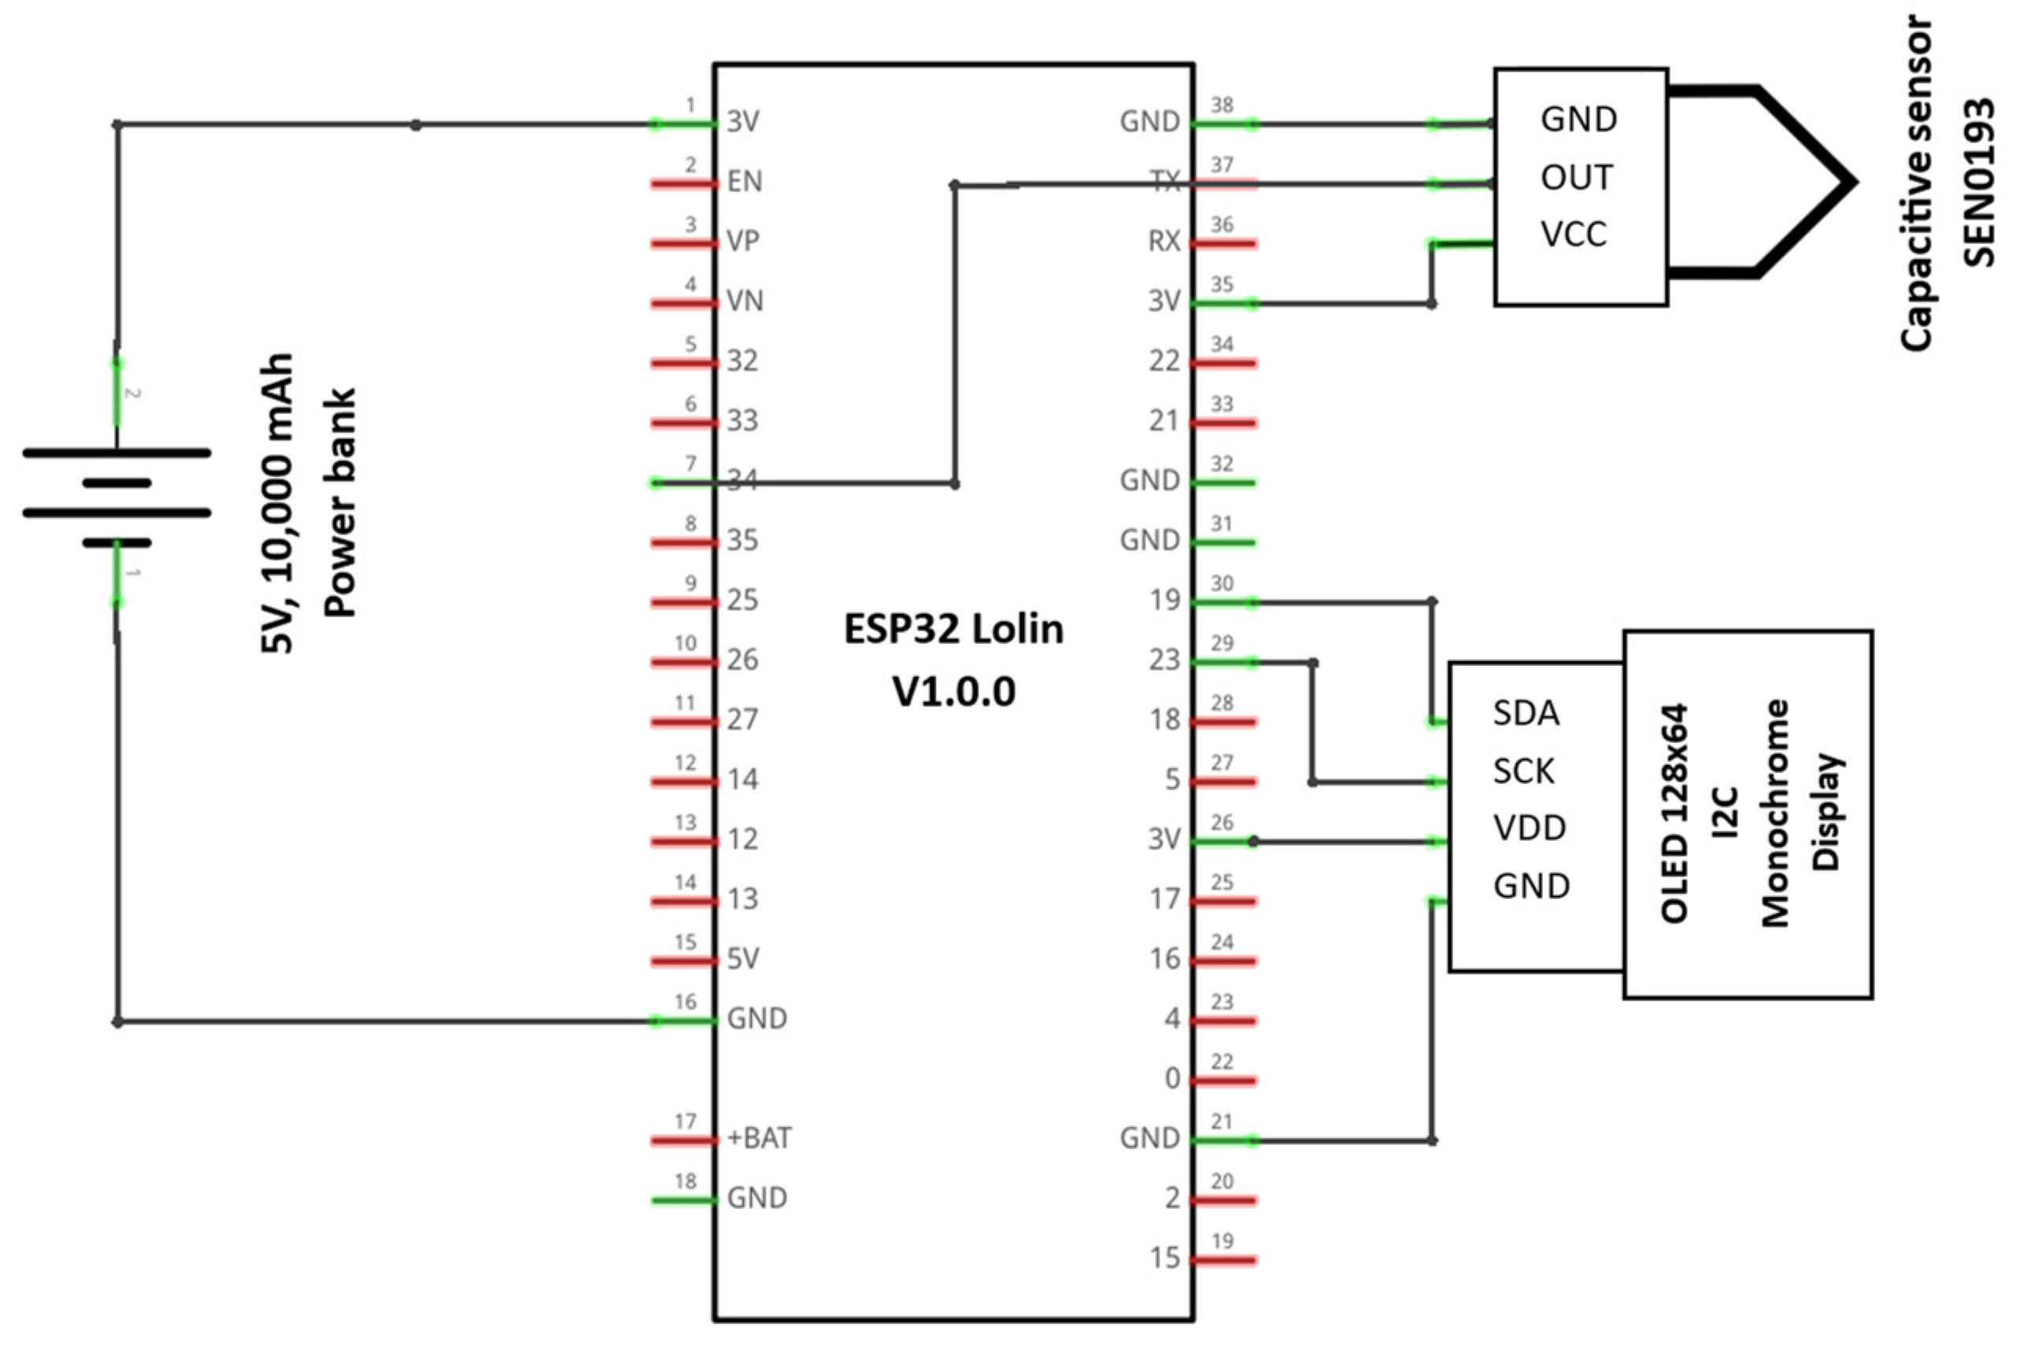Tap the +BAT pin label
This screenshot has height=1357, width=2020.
tap(759, 1137)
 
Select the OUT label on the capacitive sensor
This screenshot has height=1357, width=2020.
tap(1576, 178)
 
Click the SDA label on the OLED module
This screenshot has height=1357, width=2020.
tap(1526, 713)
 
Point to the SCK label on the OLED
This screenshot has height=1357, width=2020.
tap(1523, 771)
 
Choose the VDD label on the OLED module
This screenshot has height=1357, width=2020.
tap(1530, 828)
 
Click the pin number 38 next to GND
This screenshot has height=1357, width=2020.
tap(1221, 105)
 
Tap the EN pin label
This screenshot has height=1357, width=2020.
tap(744, 182)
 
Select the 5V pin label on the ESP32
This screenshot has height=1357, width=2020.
tap(742, 958)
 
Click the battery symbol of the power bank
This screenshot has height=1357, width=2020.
tap(117, 497)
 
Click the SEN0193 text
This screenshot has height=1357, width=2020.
tap(1978, 183)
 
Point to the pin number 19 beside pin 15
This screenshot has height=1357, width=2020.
tap(1221, 1241)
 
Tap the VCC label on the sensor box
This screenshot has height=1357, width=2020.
tap(1574, 235)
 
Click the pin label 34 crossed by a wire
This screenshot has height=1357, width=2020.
tap(742, 479)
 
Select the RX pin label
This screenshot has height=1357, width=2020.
tap(1164, 242)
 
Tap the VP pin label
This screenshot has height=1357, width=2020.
tap(742, 241)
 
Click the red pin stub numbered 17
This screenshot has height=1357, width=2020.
tap(684, 1141)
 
